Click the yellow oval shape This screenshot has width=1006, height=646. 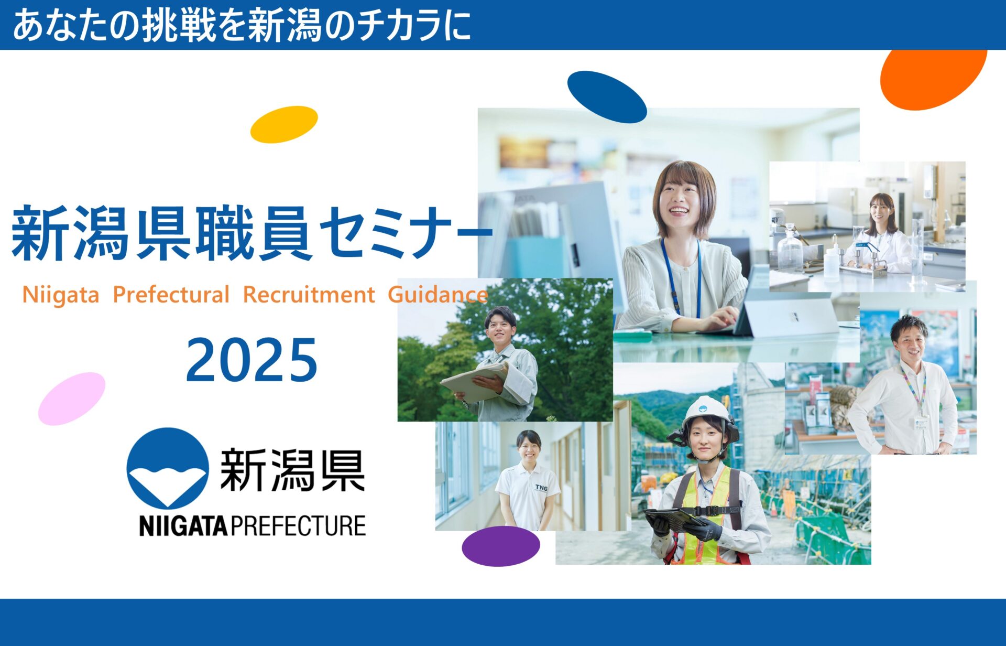pos(284,124)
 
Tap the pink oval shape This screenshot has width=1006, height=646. pos(72,399)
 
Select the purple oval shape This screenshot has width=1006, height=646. pos(500,546)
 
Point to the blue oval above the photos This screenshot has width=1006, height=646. pos(607,97)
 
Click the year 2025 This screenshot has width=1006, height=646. pos(251,360)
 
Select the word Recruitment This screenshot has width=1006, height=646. pos(309,295)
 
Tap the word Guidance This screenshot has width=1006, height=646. pos(438,295)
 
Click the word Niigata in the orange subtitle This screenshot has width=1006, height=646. pos(61,295)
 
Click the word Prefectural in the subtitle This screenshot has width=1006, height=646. pos(171,295)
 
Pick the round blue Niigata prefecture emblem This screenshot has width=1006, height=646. pos(168,468)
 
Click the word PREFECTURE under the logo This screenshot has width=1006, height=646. pos(298,526)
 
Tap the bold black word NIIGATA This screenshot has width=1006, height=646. pos(183,526)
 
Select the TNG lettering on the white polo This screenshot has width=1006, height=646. pos(541,488)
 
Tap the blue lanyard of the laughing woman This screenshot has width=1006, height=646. pos(681,278)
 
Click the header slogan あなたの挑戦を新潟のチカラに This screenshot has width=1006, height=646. pos(241,25)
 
